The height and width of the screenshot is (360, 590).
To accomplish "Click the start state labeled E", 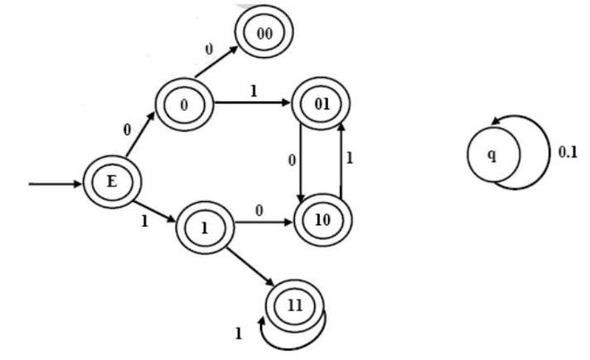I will point(112,183).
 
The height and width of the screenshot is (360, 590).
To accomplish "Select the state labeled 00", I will point(264,34).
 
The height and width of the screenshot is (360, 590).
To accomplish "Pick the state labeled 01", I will point(322,103).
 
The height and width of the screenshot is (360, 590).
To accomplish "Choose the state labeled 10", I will point(322,217).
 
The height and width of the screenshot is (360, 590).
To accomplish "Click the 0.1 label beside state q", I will point(567,153).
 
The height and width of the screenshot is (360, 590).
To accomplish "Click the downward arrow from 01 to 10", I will point(299,161).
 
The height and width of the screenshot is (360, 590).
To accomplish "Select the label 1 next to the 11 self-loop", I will point(239,334).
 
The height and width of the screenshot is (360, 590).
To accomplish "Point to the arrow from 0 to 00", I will point(219,61).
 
